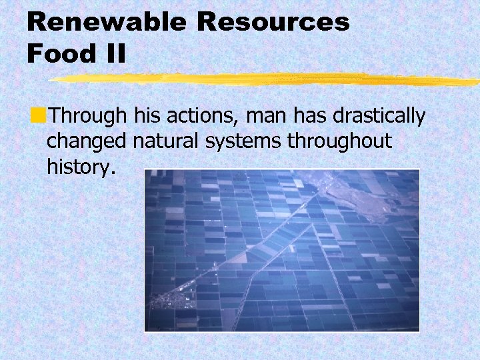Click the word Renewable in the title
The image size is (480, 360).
[107, 22]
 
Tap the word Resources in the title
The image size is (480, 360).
[273, 22]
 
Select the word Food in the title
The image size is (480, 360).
[59, 53]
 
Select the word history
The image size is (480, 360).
[81, 167]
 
